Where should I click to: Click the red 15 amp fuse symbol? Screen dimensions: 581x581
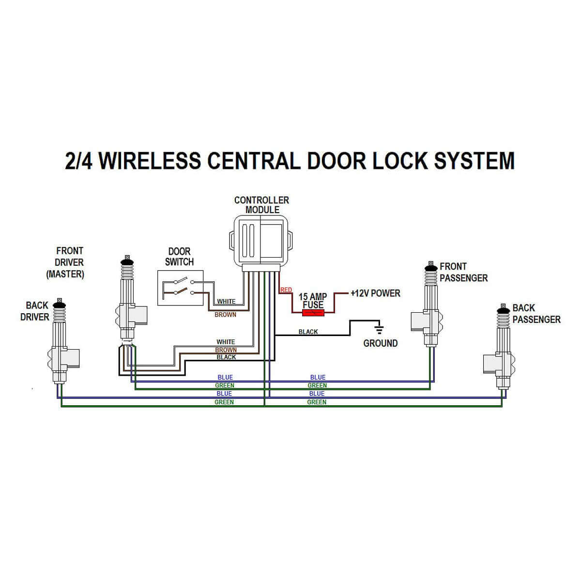point(313,313)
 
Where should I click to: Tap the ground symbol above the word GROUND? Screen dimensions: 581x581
point(380,330)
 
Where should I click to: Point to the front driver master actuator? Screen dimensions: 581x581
point(129,300)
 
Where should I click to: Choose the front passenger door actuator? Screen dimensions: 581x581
point(429,305)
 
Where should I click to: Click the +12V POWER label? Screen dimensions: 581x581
point(375,293)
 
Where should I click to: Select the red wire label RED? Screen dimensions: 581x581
point(286,290)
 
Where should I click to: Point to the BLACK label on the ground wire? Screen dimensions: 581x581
point(308,332)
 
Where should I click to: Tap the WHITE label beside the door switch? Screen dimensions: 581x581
point(226,301)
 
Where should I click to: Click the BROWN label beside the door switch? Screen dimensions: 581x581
point(226,315)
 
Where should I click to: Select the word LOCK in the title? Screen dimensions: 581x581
point(401,160)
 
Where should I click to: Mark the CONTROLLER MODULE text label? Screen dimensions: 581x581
point(261,205)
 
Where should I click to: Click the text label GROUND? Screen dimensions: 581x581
point(380,343)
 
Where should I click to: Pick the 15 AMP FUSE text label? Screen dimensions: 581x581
point(313,301)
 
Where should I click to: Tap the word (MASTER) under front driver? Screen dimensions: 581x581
point(65,274)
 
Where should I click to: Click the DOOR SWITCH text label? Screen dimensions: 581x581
point(179,257)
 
